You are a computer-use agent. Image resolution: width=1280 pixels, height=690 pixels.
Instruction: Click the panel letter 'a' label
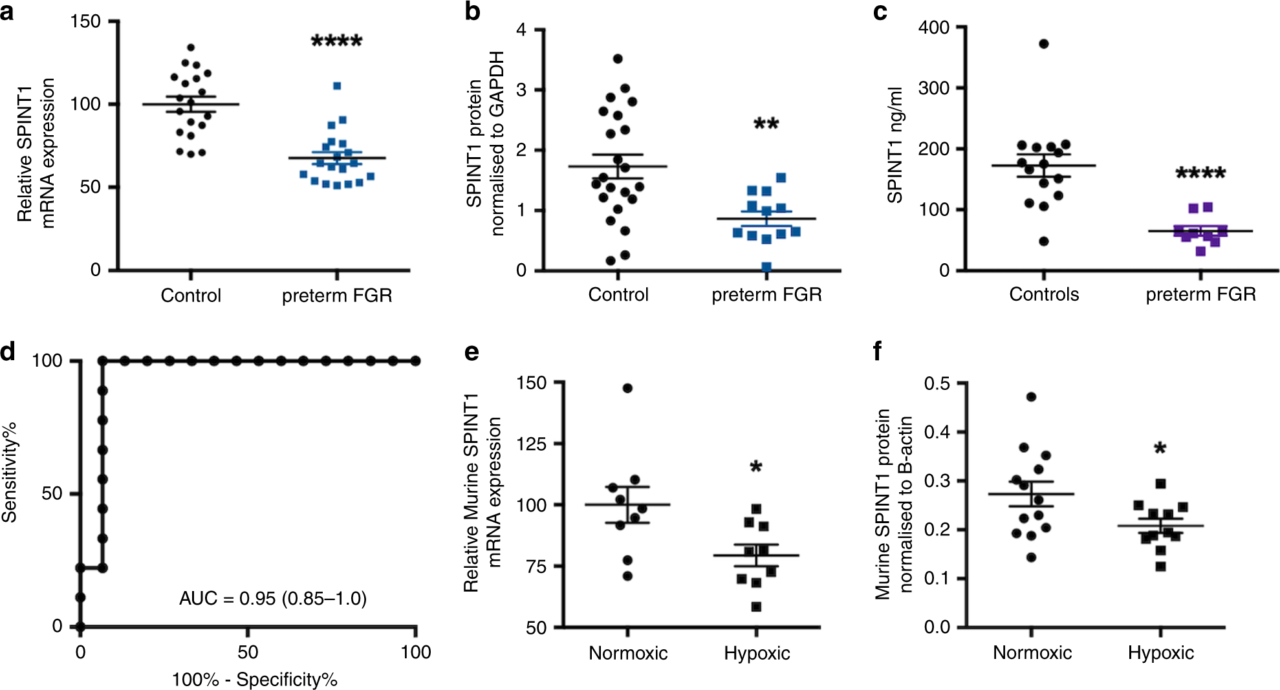pos(7,11)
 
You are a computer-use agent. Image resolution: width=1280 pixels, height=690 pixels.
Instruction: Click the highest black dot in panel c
pos(1043,44)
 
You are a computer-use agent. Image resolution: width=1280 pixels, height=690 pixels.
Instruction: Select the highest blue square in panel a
pos(337,86)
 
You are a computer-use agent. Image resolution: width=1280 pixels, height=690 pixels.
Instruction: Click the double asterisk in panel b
pos(766,124)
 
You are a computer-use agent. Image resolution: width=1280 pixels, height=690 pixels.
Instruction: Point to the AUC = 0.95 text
pos(272,598)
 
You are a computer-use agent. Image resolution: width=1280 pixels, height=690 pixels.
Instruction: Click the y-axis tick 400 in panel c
pos(934,27)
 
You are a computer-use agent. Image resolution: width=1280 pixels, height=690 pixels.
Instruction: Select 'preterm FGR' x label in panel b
pos(766,295)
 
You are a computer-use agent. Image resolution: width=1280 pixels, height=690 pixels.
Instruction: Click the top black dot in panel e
pos(627,388)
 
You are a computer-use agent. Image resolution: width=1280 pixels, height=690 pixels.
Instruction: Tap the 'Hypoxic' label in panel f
pos(1160,652)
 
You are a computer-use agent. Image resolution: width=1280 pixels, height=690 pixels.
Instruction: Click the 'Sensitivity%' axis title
pos(10,472)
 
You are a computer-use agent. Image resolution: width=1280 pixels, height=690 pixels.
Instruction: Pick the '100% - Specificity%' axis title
pos(254,680)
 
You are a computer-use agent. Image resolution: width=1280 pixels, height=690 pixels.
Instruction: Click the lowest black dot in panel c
pos(1043,241)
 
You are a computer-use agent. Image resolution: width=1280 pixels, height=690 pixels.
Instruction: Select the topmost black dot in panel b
pos(618,59)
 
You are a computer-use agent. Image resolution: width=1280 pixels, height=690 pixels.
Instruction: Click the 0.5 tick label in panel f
pos(937,383)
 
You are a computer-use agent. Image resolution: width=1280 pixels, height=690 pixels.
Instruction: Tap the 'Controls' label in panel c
pos(1044,295)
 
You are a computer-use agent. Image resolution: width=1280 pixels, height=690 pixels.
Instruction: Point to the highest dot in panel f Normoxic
pos(1031,396)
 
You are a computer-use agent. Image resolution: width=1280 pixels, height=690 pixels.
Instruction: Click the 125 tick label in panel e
pos(532,444)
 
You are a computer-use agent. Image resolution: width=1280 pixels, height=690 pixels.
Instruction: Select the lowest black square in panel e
pos(756,607)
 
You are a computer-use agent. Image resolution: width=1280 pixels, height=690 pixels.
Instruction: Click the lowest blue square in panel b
pos(766,266)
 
